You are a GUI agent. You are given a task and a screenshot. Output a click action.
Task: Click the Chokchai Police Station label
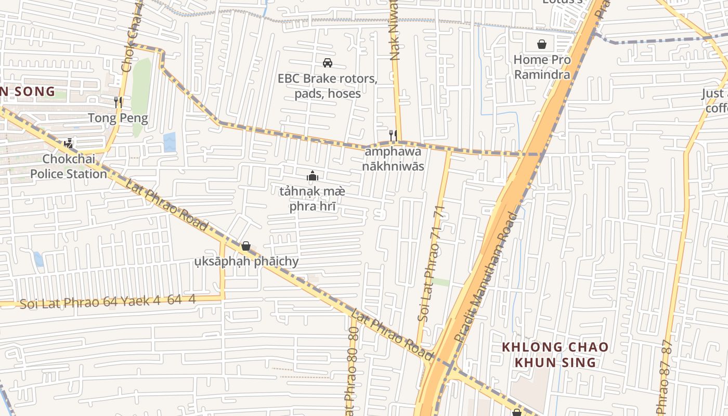point(68,166)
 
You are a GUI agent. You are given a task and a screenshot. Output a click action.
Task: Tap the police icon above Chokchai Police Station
point(68,143)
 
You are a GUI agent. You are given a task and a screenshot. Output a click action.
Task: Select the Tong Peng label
point(118,118)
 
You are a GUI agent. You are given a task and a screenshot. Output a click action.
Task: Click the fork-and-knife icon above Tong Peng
point(118,102)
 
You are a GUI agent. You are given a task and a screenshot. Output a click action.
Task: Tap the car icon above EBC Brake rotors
point(328,63)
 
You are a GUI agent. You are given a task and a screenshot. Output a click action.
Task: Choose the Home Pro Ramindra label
point(542,67)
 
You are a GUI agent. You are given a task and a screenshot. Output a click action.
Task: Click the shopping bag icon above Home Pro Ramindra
point(542,44)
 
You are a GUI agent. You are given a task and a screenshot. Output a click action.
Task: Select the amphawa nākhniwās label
point(394,159)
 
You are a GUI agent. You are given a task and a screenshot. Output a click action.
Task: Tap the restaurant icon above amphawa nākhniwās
point(393,136)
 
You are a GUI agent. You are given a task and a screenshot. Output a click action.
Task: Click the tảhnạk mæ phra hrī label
point(312,199)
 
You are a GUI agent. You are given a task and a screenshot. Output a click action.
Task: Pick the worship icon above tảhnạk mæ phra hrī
point(312,176)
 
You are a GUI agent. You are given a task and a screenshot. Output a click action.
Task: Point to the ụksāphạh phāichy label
point(246,261)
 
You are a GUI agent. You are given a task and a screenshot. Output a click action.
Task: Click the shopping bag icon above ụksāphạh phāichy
point(246,245)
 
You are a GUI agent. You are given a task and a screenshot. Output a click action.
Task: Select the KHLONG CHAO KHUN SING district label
point(555,354)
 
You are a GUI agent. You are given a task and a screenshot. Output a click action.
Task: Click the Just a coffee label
point(717,100)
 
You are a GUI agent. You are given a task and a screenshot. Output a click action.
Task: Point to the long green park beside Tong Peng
point(141,94)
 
